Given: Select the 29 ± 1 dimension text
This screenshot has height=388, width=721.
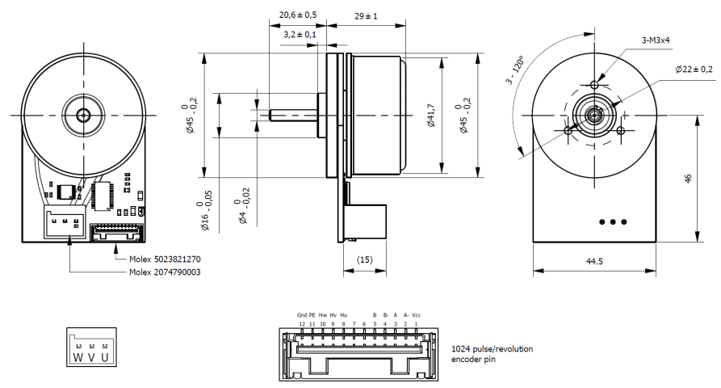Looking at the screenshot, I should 366,15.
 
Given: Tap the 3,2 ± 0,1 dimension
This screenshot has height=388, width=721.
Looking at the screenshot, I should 300,35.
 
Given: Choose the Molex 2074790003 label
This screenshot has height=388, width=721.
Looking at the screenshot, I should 166,272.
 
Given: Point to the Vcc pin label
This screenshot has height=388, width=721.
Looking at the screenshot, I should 417,315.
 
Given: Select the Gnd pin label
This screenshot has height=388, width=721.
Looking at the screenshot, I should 302,315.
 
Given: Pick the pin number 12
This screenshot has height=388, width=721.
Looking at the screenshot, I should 302,323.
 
